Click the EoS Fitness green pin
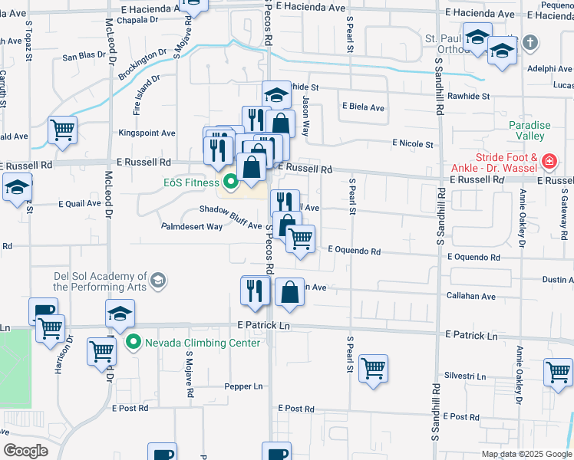[x=230, y=182]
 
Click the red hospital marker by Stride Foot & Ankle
[x=549, y=162]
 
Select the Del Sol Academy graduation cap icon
[x=158, y=281]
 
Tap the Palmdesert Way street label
[x=192, y=226]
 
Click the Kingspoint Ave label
[x=147, y=133]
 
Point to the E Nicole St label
[x=413, y=143]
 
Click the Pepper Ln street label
[x=243, y=386]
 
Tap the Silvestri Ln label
[x=465, y=376]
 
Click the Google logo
[x=26, y=451]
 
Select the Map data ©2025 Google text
[x=526, y=454]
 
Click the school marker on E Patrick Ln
[x=120, y=313]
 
